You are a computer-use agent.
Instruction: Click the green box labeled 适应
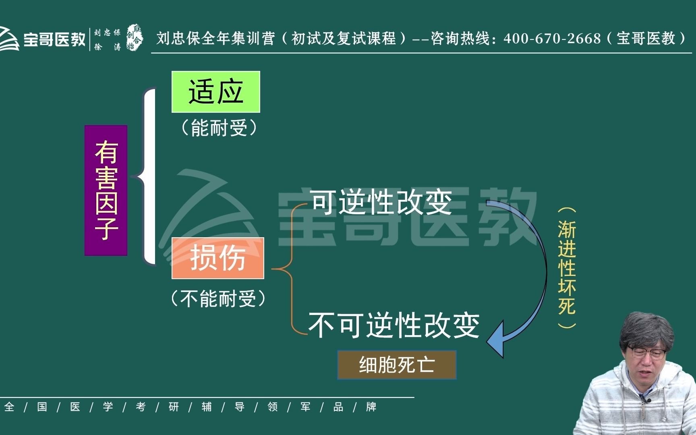[216, 92]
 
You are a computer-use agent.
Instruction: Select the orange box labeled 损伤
[218, 258]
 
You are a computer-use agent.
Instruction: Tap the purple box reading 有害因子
[106, 191]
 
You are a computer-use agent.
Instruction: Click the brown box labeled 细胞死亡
[397, 365]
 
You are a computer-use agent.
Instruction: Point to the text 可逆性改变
[382, 202]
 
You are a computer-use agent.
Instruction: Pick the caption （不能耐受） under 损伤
[218, 299]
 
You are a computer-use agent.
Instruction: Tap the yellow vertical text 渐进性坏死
[567, 268]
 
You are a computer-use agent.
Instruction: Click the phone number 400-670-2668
[552, 39]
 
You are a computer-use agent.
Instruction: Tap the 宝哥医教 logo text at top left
[54, 39]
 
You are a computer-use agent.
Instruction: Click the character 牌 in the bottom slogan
[371, 407]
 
